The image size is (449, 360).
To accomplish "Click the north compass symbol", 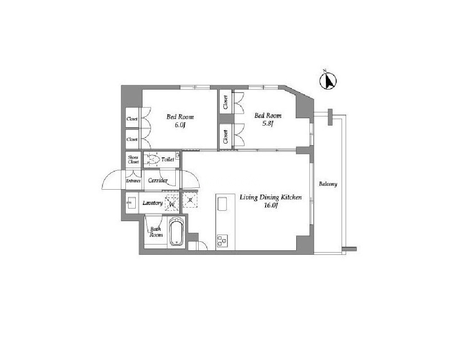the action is point(328,80).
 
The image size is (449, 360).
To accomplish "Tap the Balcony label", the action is point(328,184).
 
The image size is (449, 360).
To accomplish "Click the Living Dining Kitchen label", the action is point(271,197).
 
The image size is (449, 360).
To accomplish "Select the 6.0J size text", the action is point(180,125).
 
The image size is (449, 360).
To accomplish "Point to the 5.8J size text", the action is point(268,124).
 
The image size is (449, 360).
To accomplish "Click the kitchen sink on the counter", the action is point(222,204).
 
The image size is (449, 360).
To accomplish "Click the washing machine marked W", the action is point(172,203).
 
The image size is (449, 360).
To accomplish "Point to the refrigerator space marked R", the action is point(190,200).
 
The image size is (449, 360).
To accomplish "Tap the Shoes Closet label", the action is point(133,160).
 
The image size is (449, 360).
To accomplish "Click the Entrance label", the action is point(133,181).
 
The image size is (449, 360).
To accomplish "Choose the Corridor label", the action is point(158,180).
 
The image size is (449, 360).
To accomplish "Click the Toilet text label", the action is point(168,159).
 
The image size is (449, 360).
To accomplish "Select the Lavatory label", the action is point(153,203).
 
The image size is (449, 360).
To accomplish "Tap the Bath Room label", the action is point(156,232).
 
